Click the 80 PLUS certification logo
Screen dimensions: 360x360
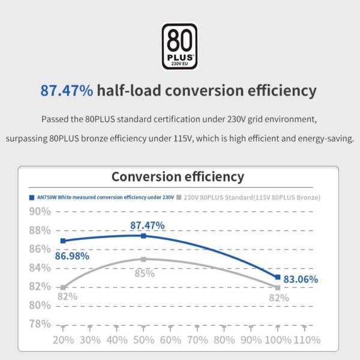click(180, 47)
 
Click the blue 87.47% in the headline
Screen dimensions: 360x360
click(67, 91)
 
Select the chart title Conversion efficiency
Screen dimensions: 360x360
click(178, 176)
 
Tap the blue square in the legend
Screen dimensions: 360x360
click(31, 197)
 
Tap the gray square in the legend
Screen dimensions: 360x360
click(179, 197)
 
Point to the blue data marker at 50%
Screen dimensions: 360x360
click(143, 236)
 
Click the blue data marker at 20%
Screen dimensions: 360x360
click(63, 241)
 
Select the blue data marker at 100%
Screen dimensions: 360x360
click(277, 277)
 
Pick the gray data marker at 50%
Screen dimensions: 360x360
click(143, 259)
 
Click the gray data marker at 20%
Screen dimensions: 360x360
click(63, 287)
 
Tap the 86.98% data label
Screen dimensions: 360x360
click(72, 256)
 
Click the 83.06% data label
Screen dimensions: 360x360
click(301, 279)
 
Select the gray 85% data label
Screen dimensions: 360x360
click(144, 274)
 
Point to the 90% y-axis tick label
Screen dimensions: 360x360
click(40, 211)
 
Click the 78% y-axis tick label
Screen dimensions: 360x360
click(40, 324)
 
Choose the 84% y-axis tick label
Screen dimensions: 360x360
click(40, 268)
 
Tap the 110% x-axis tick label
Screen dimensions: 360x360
click(306, 340)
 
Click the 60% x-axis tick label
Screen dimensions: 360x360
click(170, 340)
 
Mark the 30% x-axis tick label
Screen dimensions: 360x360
click(90, 340)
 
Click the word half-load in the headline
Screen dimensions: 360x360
click(129, 91)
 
